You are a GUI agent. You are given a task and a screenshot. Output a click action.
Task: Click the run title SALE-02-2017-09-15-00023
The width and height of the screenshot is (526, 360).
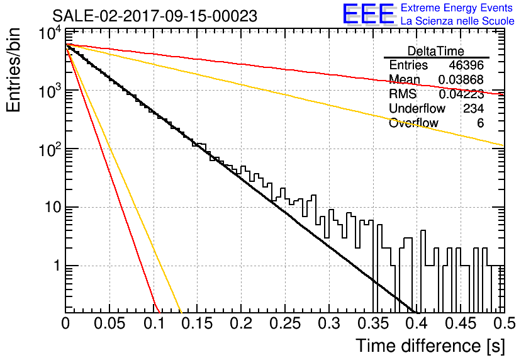pyautogui.click(x=155, y=16)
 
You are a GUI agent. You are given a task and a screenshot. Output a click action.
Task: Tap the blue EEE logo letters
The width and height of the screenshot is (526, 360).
pyautogui.click(x=369, y=14)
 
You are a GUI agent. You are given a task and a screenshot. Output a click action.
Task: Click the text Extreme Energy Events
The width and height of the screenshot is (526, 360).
pyautogui.click(x=457, y=8)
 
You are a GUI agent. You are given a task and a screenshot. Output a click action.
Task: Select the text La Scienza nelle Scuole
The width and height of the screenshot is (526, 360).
pyautogui.click(x=457, y=21)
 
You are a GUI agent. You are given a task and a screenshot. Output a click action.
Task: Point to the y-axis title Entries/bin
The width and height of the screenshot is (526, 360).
pyautogui.click(x=13, y=70)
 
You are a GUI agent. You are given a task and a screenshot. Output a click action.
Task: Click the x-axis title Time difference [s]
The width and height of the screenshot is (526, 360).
pyautogui.click(x=430, y=346)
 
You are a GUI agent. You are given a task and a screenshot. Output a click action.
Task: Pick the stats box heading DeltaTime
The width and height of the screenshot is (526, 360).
pyautogui.click(x=436, y=51)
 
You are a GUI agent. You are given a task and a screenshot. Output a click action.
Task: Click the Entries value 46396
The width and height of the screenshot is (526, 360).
pyautogui.click(x=466, y=65)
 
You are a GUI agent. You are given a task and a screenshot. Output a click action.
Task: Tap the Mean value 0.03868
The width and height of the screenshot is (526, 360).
pyautogui.click(x=461, y=79)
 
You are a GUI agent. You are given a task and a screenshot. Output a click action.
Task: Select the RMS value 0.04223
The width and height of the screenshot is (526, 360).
pyautogui.click(x=461, y=94)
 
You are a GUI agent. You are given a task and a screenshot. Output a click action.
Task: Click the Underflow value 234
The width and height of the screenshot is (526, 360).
pyautogui.click(x=473, y=108)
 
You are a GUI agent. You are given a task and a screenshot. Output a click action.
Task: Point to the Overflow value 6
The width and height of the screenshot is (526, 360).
pyautogui.click(x=480, y=123)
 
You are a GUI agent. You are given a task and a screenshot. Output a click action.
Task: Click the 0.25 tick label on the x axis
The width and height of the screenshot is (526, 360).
pyautogui.click(x=284, y=323)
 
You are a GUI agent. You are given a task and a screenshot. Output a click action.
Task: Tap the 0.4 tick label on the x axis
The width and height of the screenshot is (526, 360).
pyautogui.click(x=417, y=323)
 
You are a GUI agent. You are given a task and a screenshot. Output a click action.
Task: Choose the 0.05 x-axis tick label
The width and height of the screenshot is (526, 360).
pyautogui.click(x=109, y=323)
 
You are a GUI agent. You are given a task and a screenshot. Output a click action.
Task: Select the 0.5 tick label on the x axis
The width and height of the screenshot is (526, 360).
pyautogui.click(x=505, y=323)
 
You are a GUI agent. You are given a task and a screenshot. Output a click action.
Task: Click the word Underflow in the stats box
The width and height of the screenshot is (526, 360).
pyautogui.click(x=417, y=108)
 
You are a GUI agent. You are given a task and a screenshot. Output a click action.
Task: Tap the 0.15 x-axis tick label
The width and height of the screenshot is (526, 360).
pyautogui.click(x=197, y=323)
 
